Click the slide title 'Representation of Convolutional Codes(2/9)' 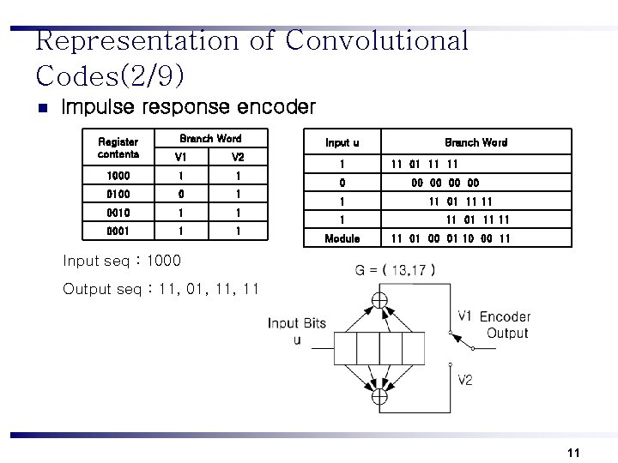coord(252,57)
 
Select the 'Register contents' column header coord(118,147)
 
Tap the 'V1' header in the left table coord(180,157)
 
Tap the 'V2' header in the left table coord(238,157)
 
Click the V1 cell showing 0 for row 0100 coord(180,194)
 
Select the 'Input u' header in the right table coord(342,142)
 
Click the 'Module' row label coord(342,238)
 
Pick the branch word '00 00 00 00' coord(445,183)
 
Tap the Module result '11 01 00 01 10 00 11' coord(451,238)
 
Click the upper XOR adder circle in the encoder coord(379,301)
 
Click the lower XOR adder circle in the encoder coord(379,396)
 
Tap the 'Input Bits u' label coord(296,330)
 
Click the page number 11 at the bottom coord(574,453)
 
